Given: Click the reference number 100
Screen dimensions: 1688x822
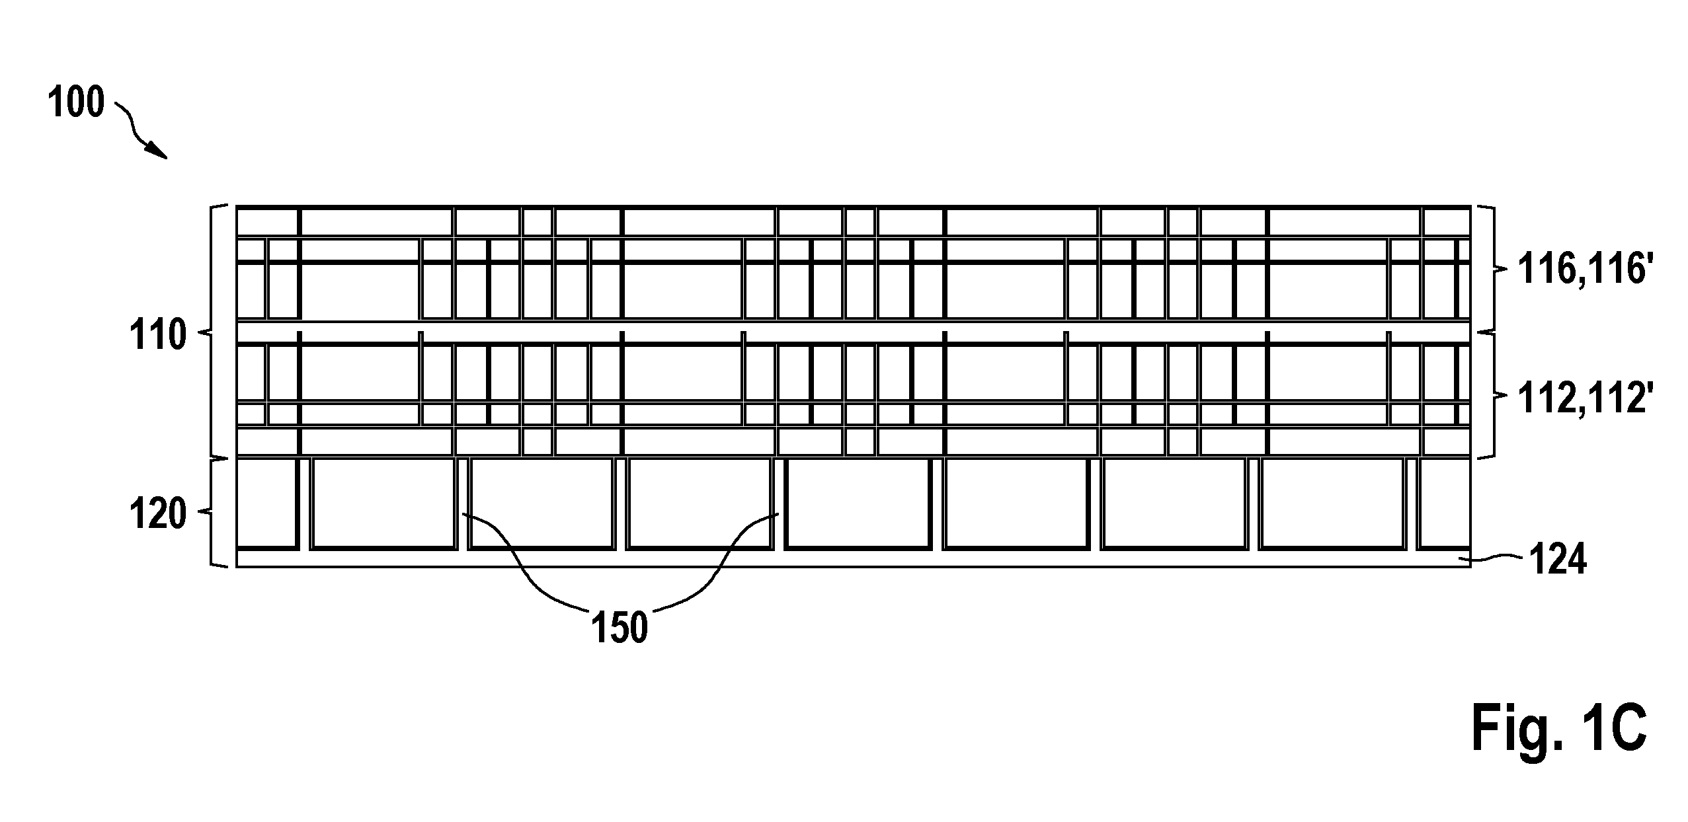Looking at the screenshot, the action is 77,104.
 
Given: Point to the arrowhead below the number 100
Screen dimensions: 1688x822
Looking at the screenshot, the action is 157,150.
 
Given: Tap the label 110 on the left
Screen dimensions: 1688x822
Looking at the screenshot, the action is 158,336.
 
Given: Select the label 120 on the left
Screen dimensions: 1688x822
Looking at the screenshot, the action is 158,515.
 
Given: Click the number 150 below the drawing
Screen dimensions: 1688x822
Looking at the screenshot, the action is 620,628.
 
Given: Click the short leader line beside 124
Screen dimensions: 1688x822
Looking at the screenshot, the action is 1497,560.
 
